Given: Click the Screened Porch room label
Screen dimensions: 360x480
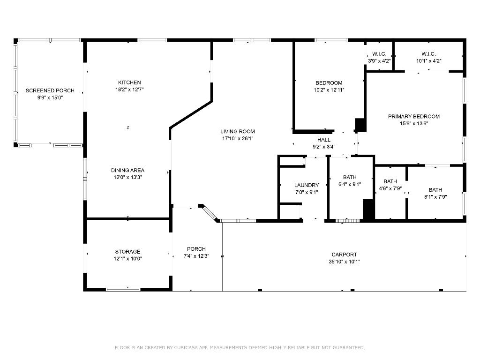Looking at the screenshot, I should [50, 90].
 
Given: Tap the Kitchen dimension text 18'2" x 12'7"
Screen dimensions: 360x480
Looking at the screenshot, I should [129, 90].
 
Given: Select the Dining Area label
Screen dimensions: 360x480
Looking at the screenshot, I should [127, 170].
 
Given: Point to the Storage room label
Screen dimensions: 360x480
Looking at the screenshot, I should [127, 252].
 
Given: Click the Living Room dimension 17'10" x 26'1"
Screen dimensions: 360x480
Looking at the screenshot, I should [239, 138].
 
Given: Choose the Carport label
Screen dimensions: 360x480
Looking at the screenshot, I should [345, 255].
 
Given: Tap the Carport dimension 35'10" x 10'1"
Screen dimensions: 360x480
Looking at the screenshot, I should [345, 262].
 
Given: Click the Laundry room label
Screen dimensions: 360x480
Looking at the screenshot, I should [307, 185].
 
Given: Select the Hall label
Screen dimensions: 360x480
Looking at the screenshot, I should [324, 140].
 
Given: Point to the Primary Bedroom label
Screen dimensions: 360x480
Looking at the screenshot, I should [414, 116].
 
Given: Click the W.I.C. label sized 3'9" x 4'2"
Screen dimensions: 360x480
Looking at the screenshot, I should [379, 54].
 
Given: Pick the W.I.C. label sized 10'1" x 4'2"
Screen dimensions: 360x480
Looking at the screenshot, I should [428, 54].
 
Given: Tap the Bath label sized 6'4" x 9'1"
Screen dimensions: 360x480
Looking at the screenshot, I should [350, 177].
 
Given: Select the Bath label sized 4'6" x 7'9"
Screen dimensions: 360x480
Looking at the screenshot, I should [390, 181].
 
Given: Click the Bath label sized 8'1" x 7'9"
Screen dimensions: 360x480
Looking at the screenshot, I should [435, 190].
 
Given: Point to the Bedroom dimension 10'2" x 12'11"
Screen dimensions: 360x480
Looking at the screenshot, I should [329, 90].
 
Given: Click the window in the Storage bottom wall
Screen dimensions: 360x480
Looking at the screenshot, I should [123, 289].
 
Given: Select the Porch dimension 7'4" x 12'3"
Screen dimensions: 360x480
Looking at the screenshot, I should [196, 256].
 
